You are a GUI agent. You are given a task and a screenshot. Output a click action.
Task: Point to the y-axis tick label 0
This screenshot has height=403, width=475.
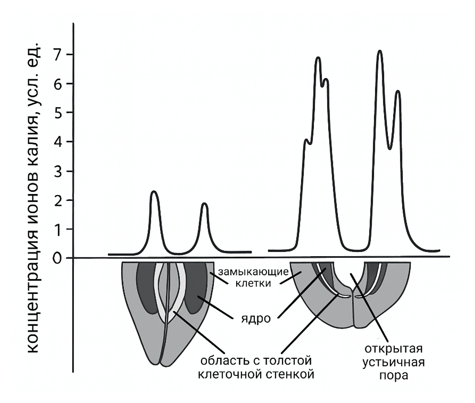click(x=57, y=259)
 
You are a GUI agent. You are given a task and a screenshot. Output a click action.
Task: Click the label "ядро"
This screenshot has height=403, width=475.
click(x=256, y=319)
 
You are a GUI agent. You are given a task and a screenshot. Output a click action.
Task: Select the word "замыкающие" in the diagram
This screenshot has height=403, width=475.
click(x=253, y=272)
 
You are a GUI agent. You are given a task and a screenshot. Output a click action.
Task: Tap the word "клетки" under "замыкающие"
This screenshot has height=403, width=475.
click(x=253, y=283)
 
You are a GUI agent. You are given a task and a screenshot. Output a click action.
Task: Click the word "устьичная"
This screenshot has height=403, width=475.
click(x=393, y=363)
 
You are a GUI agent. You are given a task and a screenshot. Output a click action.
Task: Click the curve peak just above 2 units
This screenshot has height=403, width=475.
click(x=154, y=192)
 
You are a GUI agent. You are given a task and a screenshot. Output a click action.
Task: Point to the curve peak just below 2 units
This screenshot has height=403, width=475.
click(x=204, y=204)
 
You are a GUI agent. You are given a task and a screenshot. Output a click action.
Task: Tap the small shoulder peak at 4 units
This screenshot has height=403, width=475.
click(x=306, y=140)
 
